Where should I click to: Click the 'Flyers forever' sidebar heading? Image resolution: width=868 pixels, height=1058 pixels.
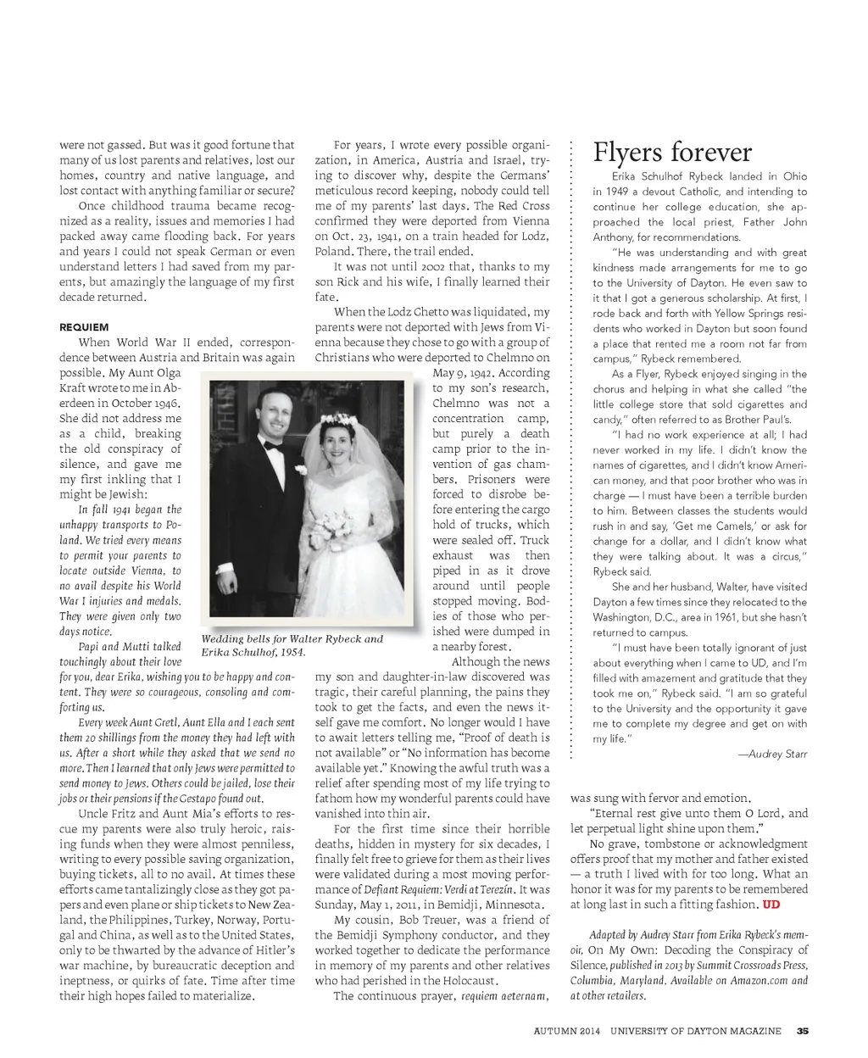tap(672, 153)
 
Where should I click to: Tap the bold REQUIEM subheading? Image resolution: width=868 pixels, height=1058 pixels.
tap(84, 327)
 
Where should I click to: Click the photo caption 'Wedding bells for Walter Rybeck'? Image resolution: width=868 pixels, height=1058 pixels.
tap(292, 639)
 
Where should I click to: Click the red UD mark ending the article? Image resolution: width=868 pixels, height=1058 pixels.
tap(771, 905)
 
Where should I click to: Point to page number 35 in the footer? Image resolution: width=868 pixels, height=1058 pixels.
tap(802, 1031)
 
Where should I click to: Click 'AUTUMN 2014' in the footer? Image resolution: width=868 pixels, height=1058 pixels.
tap(567, 1031)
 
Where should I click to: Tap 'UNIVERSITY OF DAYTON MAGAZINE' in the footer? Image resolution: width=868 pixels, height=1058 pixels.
tap(696, 1031)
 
